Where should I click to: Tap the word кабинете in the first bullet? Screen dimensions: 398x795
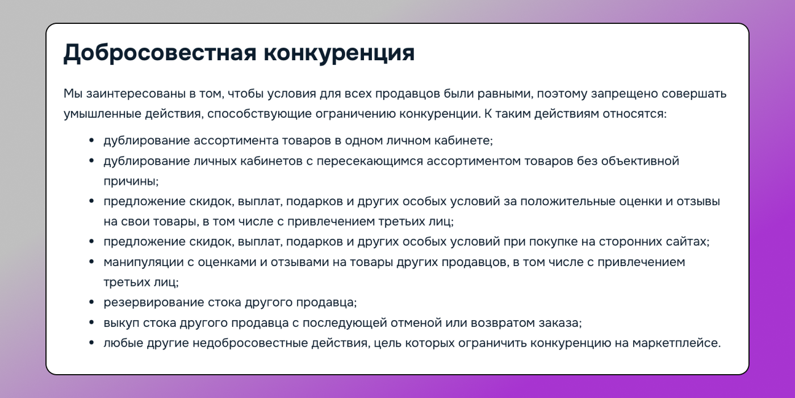pyautogui.click(x=465, y=140)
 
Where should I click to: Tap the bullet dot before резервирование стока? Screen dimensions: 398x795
pyautogui.click(x=91, y=302)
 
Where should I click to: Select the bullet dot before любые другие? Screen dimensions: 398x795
pyautogui.click(x=91, y=343)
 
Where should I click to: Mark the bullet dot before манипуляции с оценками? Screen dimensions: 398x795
pyautogui.click(x=91, y=262)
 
